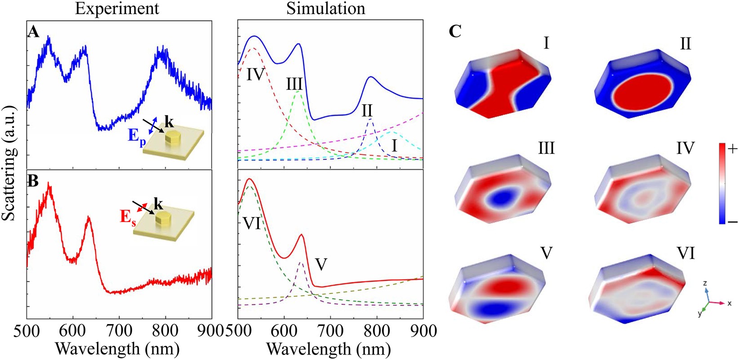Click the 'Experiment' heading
coord(117,9)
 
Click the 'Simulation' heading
coord(326,9)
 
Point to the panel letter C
coord(455,31)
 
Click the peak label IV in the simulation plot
coord(255,74)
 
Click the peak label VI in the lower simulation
coord(252,223)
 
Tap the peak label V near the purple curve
coord(321,265)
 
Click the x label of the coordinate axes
coord(729,304)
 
